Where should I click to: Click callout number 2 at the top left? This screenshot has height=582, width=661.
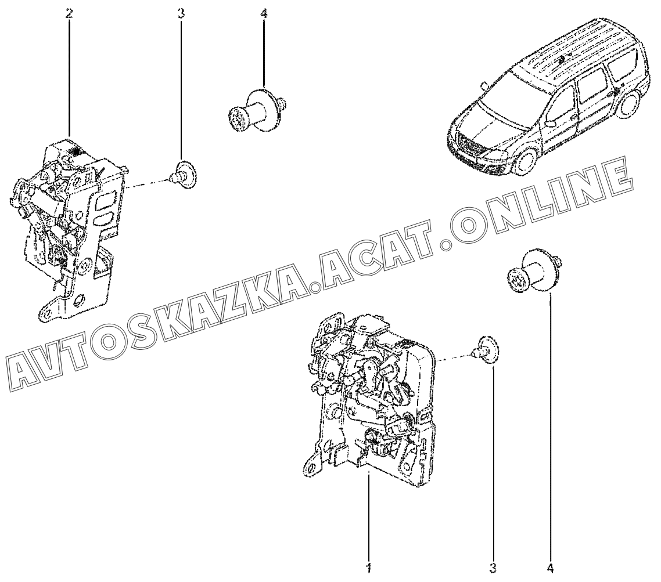click(70, 13)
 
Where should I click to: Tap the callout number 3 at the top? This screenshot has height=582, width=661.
click(181, 13)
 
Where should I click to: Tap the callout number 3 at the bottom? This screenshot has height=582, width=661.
click(493, 566)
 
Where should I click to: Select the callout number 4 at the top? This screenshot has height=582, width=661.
click(264, 13)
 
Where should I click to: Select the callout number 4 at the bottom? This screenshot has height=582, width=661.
click(549, 566)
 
